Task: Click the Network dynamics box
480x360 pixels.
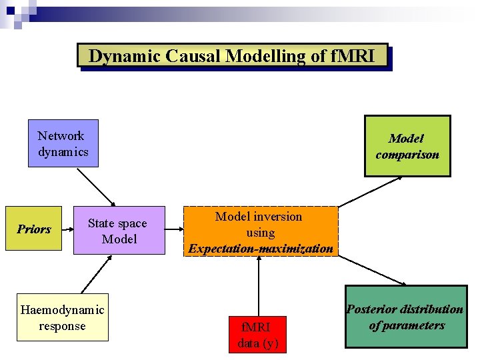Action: pos(63,143)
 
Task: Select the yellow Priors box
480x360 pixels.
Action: pos(33,229)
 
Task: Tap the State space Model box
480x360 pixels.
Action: pos(119,231)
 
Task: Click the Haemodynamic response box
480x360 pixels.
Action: pos(63,317)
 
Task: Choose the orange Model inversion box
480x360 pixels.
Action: pos(261,232)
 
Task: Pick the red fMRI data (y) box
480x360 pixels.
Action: pos(257,335)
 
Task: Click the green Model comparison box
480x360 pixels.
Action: pos(407,146)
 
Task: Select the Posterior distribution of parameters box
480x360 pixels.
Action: pos(406,317)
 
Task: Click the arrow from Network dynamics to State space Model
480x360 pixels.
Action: pos(96,187)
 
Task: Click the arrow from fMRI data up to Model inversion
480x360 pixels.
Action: pos(258,287)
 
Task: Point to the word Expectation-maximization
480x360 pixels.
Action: pos(261,249)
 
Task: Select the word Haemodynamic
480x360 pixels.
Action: pos(63,310)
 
